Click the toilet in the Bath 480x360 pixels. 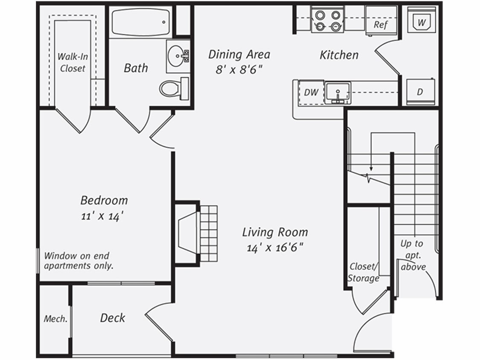point(172,88)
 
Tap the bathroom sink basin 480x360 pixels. point(177,55)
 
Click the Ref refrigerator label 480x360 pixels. point(381,24)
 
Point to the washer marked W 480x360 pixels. point(421,22)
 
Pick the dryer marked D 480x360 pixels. point(420,92)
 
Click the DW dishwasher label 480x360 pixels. point(311,92)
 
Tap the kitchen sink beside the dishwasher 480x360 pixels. point(338,92)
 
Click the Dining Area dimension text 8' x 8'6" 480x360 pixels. point(239,69)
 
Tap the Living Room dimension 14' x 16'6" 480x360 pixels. point(275,248)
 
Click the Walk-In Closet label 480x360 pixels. point(72,62)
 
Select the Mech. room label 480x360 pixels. point(55,319)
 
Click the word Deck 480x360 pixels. point(113,318)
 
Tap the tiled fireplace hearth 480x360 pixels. point(209,234)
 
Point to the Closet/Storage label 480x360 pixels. point(364,273)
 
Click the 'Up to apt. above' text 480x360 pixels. point(413,255)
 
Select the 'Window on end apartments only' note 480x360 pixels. point(79,261)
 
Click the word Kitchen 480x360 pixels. point(339,55)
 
